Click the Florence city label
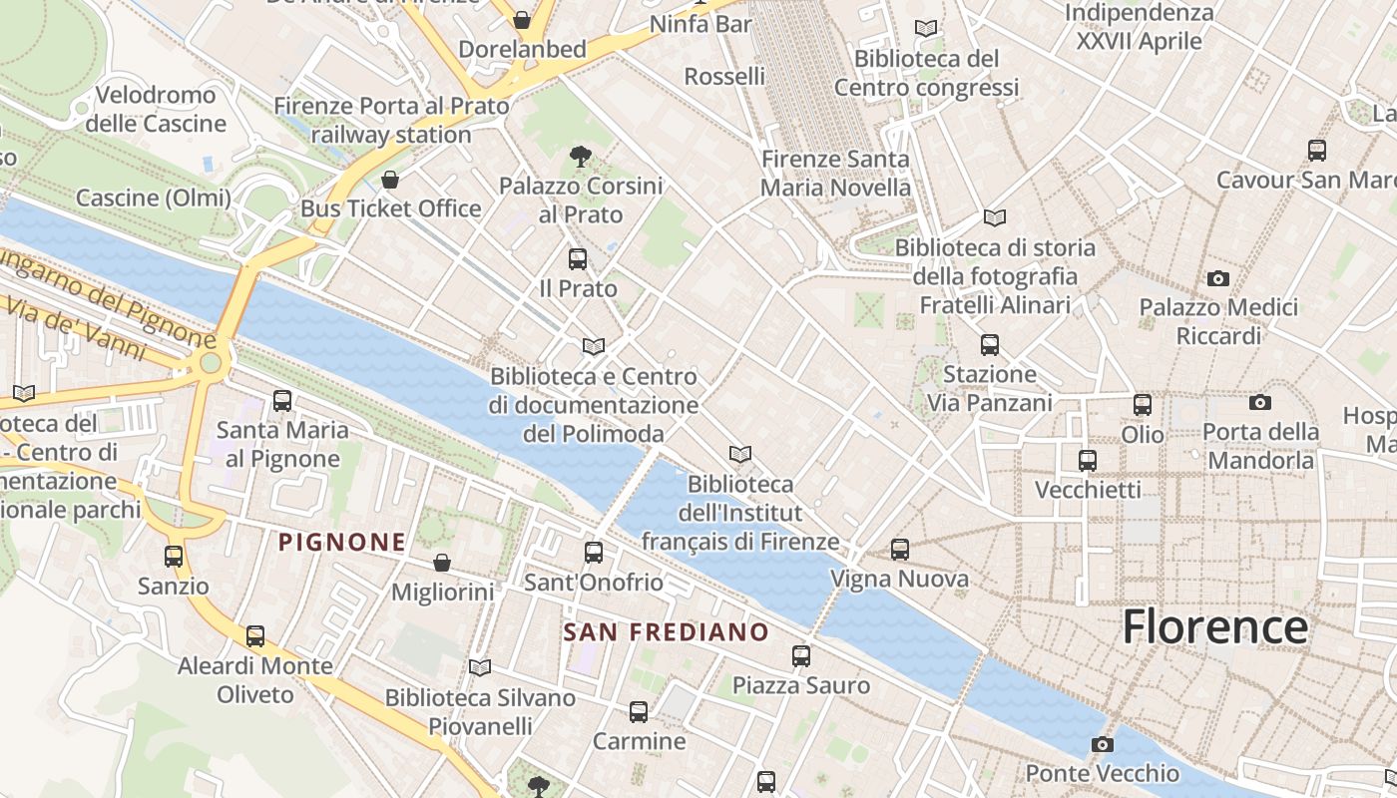click(x=1214, y=626)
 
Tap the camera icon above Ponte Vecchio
click(x=1103, y=744)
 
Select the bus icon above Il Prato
click(x=577, y=259)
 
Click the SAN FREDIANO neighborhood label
click(x=666, y=632)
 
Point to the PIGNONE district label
click(x=342, y=543)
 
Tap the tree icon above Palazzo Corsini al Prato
click(x=580, y=157)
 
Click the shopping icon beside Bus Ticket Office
click(x=390, y=180)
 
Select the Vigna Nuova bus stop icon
click(x=900, y=550)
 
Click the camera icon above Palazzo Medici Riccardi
click(x=1217, y=278)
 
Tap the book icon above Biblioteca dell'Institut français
click(x=739, y=455)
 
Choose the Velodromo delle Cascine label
click(x=156, y=110)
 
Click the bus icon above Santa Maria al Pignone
click(x=282, y=401)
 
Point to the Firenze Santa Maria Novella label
click(x=835, y=174)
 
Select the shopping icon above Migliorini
click(x=442, y=564)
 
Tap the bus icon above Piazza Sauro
click(x=801, y=656)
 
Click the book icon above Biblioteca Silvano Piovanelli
click(x=480, y=667)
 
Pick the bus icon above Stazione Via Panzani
click(x=989, y=345)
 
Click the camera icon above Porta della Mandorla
click(x=1260, y=402)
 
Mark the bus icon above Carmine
click(x=639, y=712)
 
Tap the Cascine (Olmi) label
click(x=153, y=198)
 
